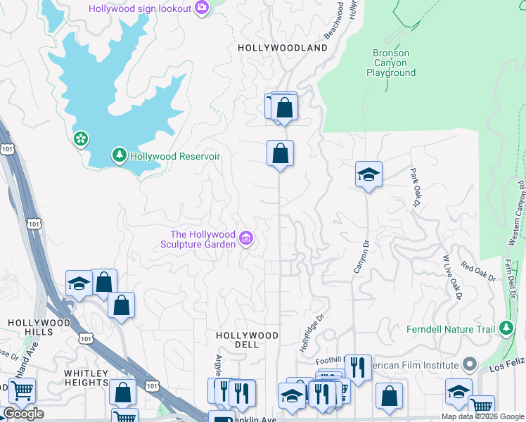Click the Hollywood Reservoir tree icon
[120, 155]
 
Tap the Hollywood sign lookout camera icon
[202, 8]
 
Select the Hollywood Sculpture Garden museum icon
[245, 239]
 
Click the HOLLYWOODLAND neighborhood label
[283, 48]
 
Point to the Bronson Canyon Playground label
[390, 63]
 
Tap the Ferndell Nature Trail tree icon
[505, 328]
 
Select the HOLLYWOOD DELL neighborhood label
[247, 340]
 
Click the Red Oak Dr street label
[478, 272]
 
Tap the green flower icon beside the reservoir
[81, 139]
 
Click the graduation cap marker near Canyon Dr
[368, 174]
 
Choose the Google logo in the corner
[23, 414]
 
